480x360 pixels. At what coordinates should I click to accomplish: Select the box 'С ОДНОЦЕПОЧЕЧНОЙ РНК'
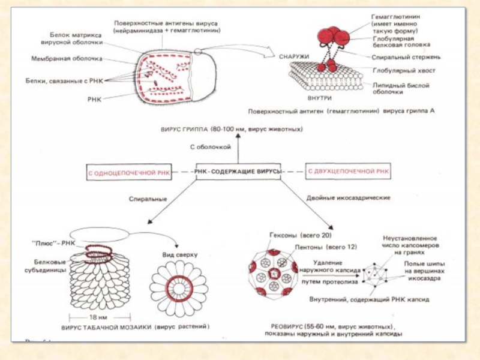(128, 173)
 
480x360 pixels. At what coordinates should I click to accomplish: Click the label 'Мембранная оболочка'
(67, 59)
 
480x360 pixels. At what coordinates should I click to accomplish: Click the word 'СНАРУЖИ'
(294, 56)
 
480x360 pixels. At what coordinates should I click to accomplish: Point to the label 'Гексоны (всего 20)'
(300, 236)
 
